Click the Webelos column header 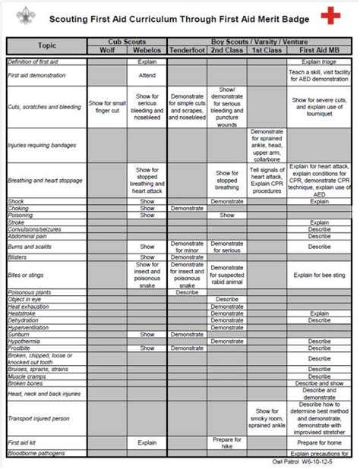(147, 50)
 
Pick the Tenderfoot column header (188, 50)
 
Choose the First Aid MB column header (319, 50)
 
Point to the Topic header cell (47, 46)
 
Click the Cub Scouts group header (127, 42)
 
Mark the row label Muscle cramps (27, 376)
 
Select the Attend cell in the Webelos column (147, 76)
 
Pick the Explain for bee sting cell (319, 275)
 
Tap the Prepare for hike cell (227, 442)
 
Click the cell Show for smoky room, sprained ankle (267, 418)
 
